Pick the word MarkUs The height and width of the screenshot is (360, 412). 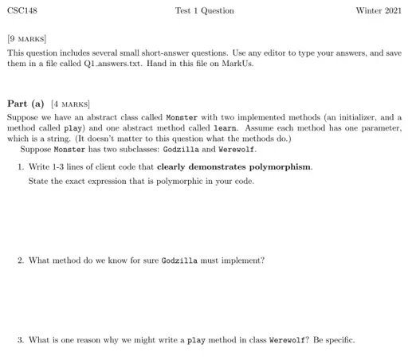pyautogui.click(x=239, y=63)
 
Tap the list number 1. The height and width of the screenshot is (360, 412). pyautogui.click(x=20, y=167)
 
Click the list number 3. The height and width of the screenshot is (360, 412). pyautogui.click(x=20, y=340)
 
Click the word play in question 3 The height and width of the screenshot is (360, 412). pyautogui.click(x=196, y=340)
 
